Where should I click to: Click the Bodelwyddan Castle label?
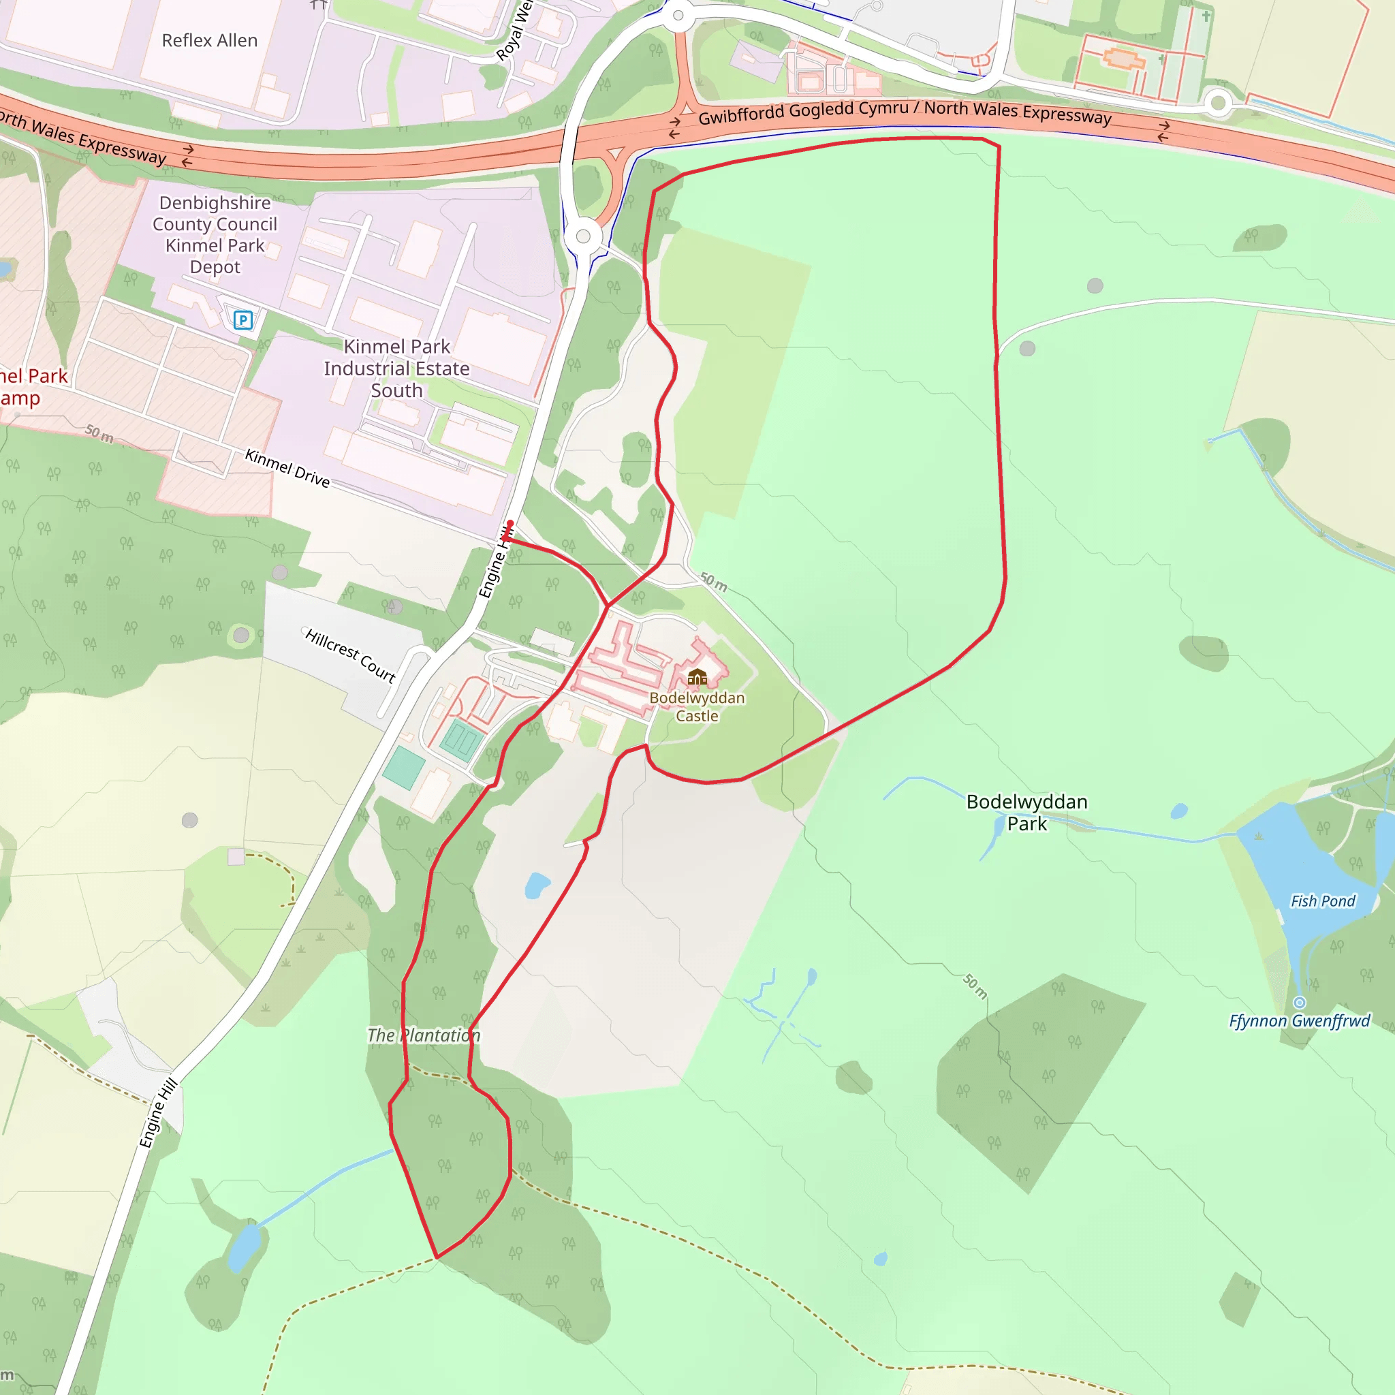[x=697, y=707]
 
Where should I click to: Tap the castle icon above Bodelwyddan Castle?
[x=697, y=676]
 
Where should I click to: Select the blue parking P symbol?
[x=243, y=320]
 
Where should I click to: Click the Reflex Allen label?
[x=209, y=40]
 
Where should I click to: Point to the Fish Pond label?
[x=1323, y=901]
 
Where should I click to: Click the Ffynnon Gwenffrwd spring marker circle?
[x=1300, y=1002]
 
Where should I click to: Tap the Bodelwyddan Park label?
[x=1026, y=813]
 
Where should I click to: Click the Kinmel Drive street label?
[x=287, y=468]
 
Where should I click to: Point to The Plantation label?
[x=423, y=1035]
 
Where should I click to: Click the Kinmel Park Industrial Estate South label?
[x=396, y=369]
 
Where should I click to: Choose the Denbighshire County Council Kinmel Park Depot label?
[x=215, y=235]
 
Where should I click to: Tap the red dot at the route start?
[x=510, y=522]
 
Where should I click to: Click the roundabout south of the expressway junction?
[x=584, y=236]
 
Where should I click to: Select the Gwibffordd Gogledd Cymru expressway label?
[x=904, y=112]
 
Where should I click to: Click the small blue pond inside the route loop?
[x=537, y=885]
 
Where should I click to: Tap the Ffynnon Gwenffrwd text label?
[x=1300, y=1021]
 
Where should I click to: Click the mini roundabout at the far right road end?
[x=1219, y=104]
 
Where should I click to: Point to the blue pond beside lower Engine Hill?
[x=245, y=1248]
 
